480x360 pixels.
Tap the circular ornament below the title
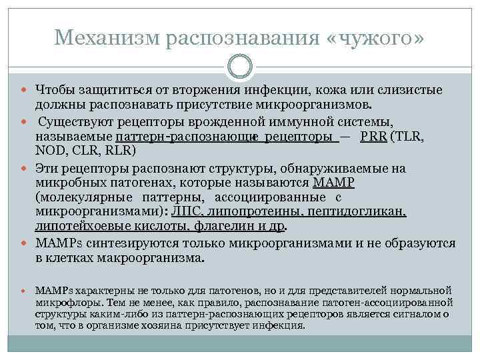pyautogui.click(x=240, y=67)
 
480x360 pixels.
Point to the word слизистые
pyautogui.click(x=412, y=91)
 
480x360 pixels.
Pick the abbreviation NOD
pyautogui.click(x=49, y=150)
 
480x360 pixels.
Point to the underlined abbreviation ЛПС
pyautogui.click(x=187, y=211)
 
